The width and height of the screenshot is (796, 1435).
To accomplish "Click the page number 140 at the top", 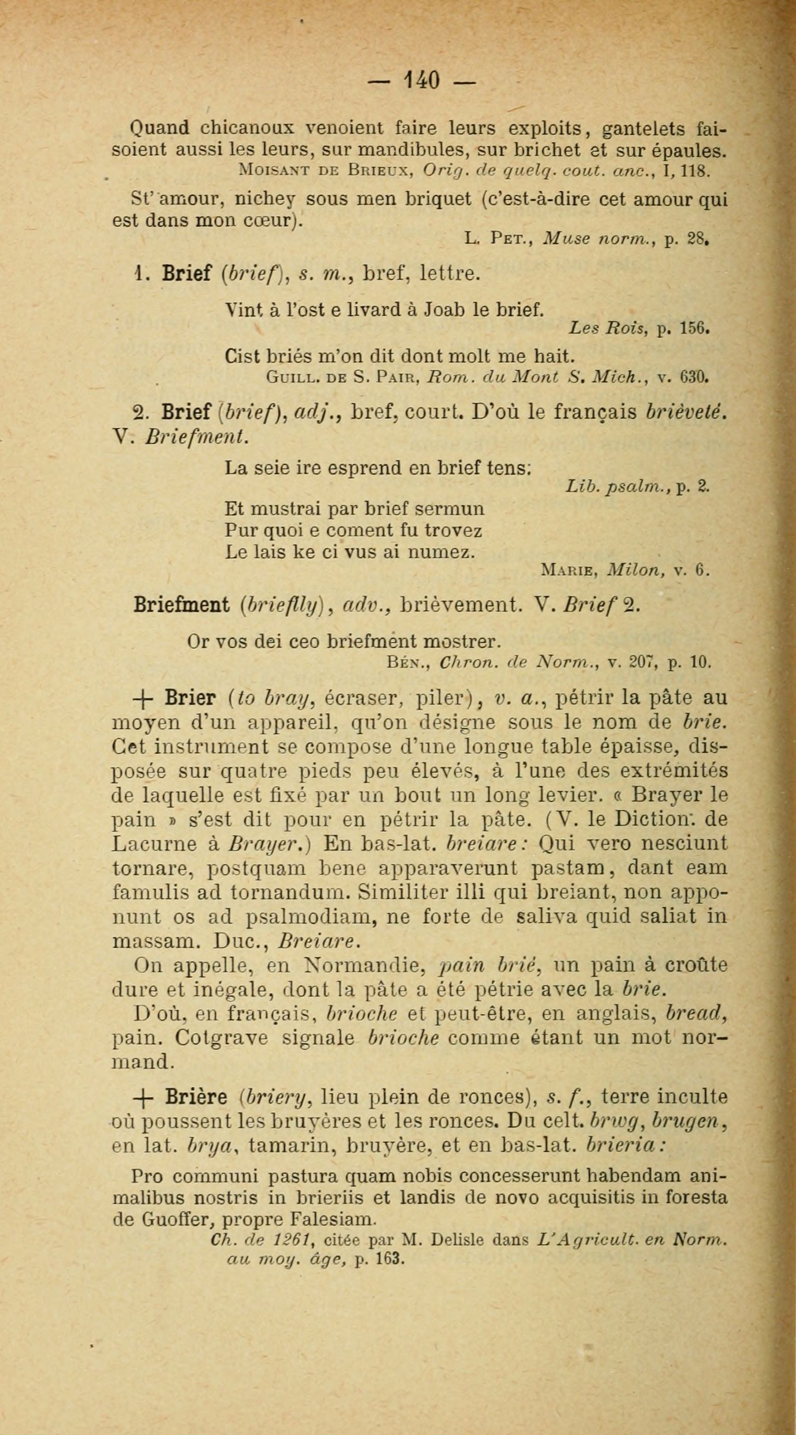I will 422,79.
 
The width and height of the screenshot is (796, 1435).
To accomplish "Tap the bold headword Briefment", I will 182,605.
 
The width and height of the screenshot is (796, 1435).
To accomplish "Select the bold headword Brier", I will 190,698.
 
